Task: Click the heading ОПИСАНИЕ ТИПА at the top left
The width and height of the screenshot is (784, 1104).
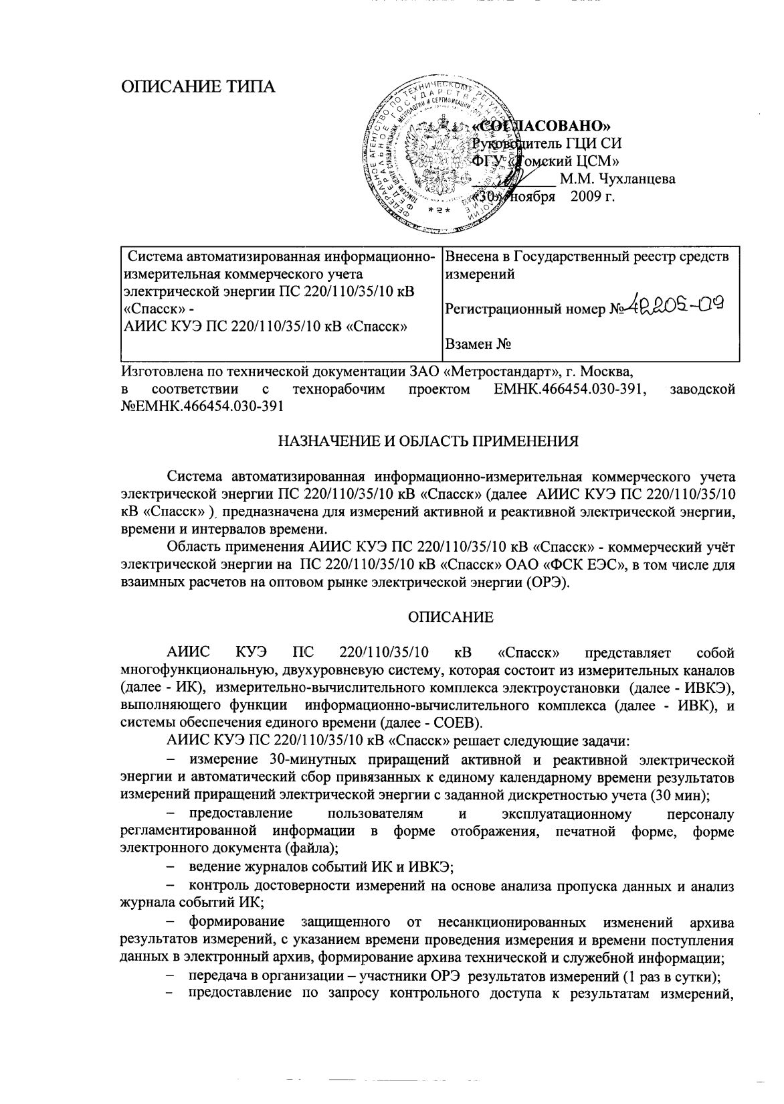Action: tap(197, 87)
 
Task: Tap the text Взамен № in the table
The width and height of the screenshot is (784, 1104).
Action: tap(478, 345)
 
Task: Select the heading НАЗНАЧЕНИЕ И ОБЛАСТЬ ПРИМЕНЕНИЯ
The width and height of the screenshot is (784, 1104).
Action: tap(427, 441)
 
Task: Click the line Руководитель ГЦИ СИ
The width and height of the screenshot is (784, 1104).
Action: tap(547, 143)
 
